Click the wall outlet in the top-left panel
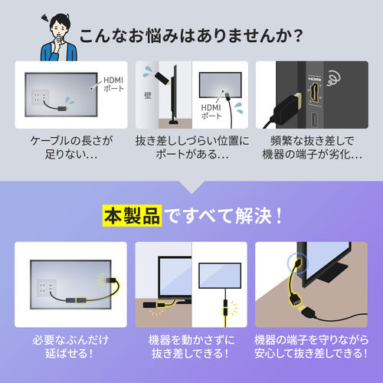(38, 99)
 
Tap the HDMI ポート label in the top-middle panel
(210, 113)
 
